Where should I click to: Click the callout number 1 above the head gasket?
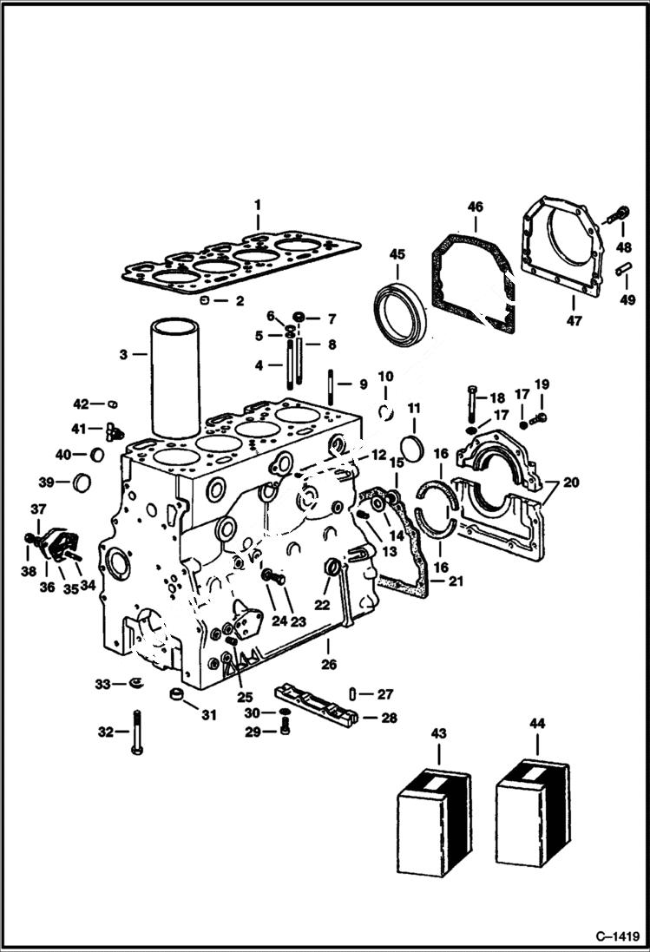click(x=257, y=206)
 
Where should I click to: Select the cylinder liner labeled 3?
click(x=176, y=377)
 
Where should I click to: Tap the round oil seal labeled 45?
click(x=400, y=309)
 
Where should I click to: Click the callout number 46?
click(x=475, y=207)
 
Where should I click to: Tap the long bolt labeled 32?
click(x=136, y=732)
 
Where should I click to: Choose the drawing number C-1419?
click(x=617, y=936)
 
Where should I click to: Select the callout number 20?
click(x=571, y=483)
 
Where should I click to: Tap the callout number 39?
click(x=45, y=482)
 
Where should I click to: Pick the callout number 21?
click(x=456, y=581)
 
